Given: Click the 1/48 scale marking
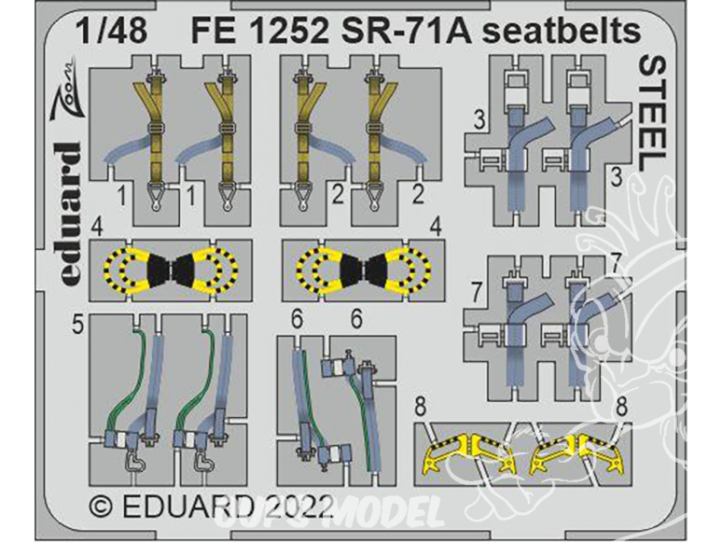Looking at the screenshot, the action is click(112, 32).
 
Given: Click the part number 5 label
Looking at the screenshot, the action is click(78, 326).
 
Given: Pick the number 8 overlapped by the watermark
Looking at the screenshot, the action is click(621, 408).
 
